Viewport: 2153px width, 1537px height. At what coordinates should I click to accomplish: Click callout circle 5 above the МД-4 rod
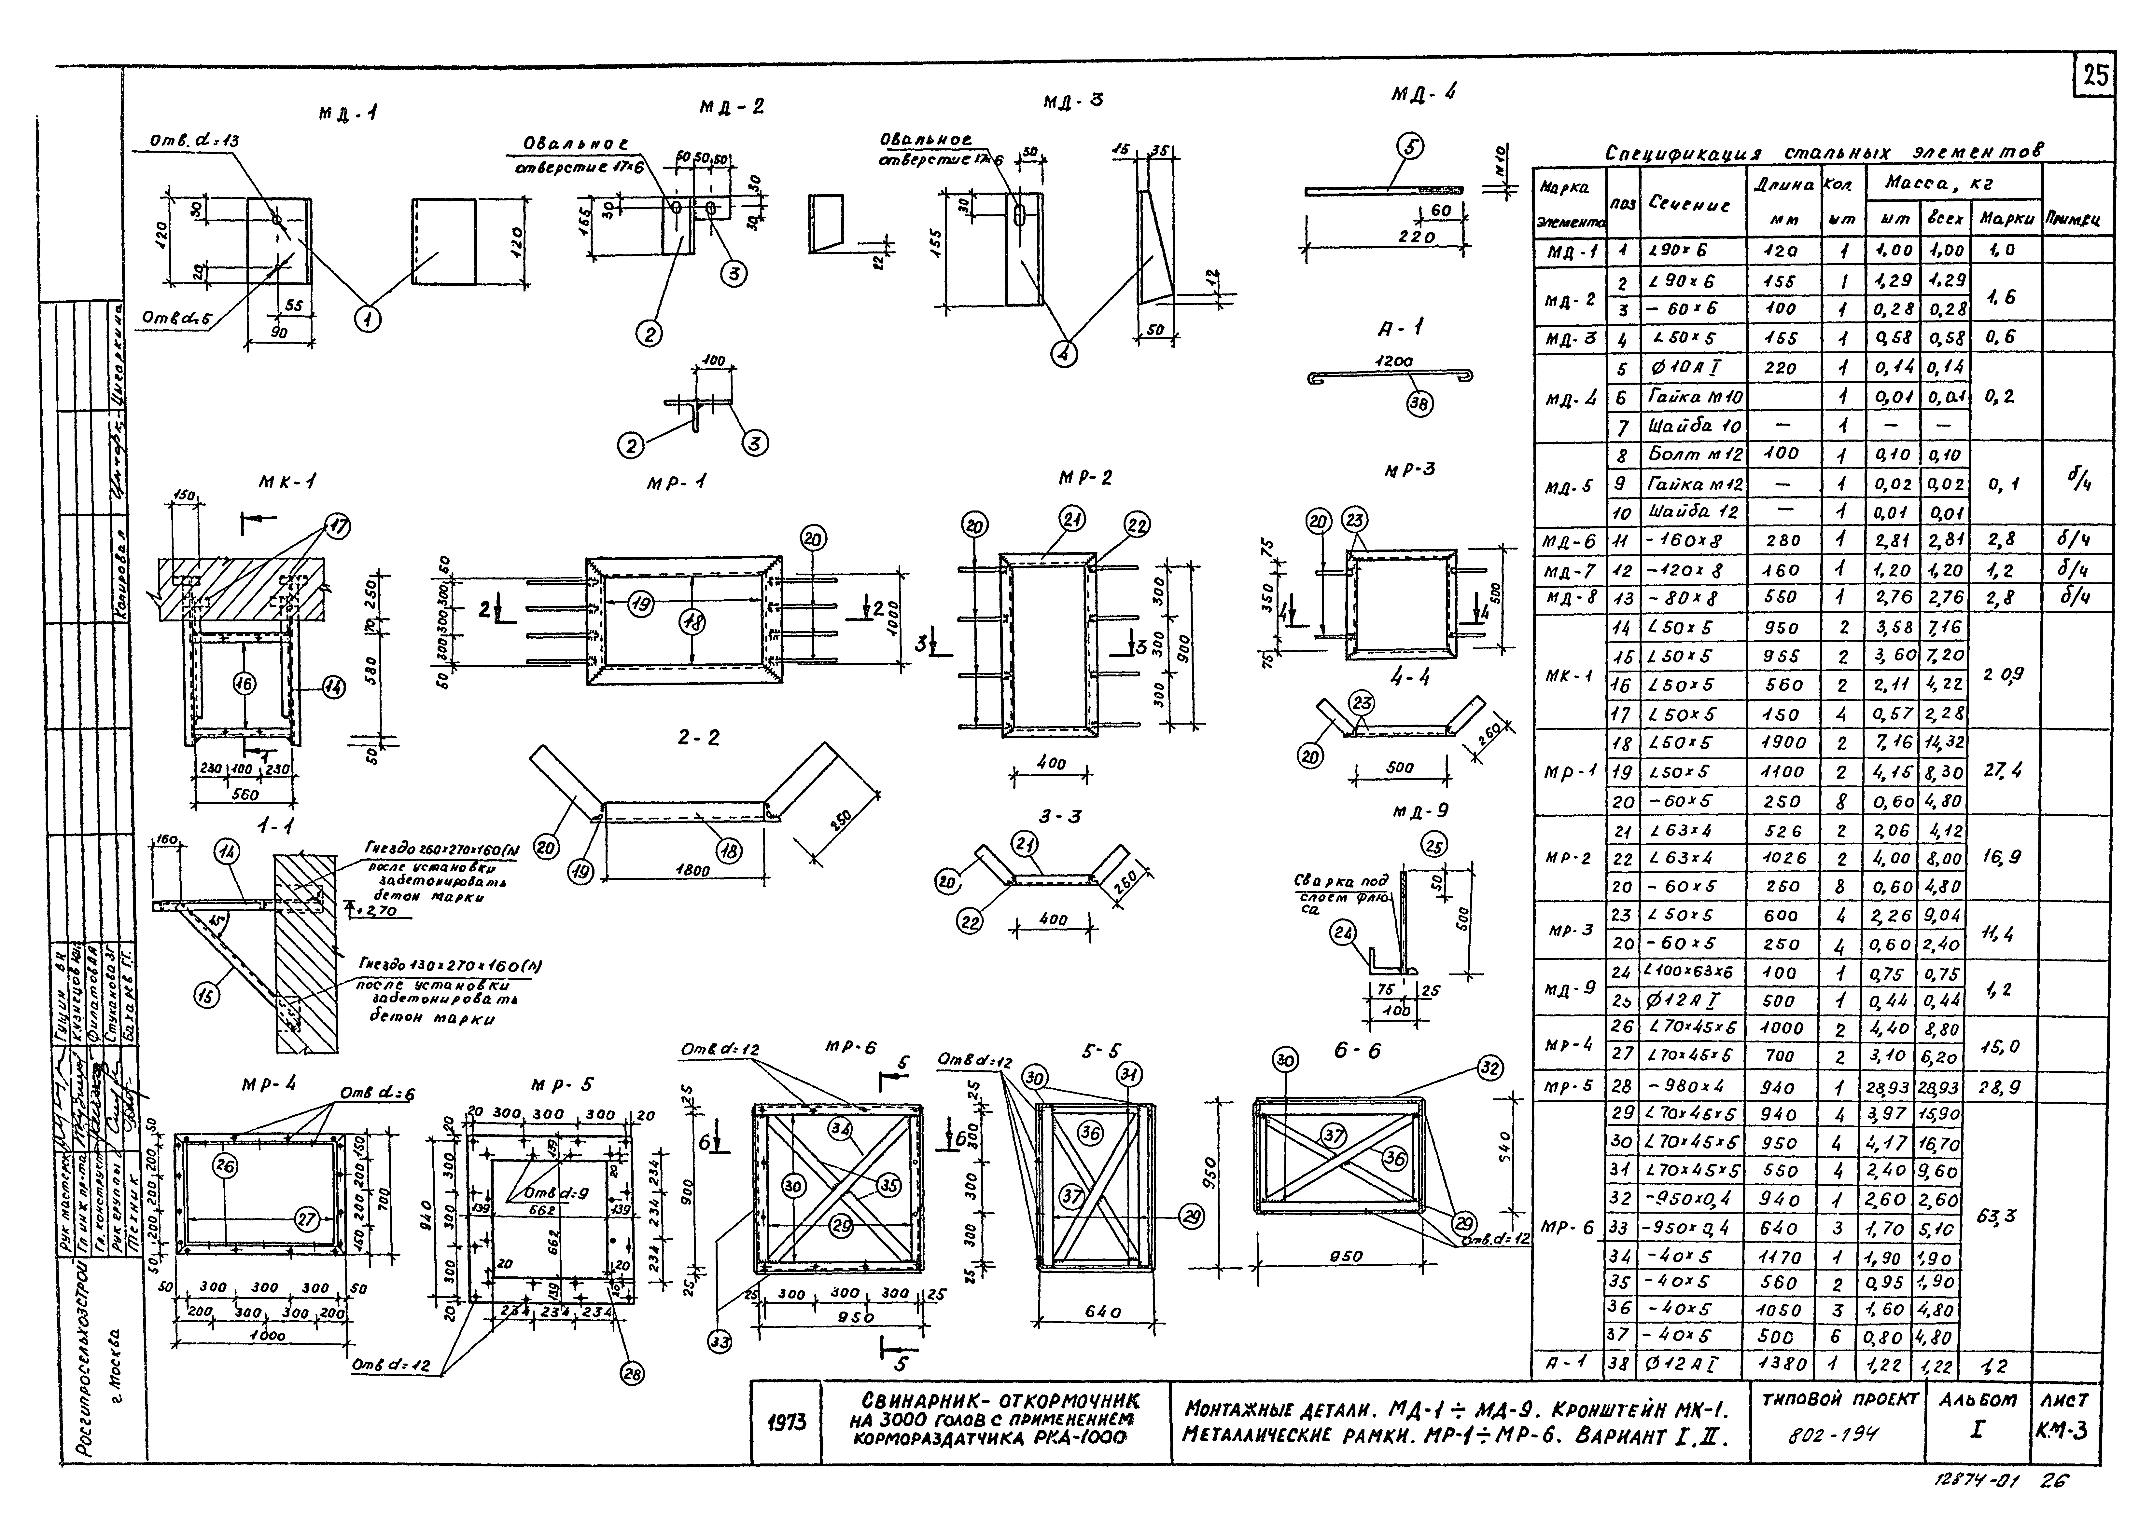(x=1411, y=148)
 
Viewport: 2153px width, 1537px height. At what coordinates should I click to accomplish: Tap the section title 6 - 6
(x=1357, y=1051)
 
